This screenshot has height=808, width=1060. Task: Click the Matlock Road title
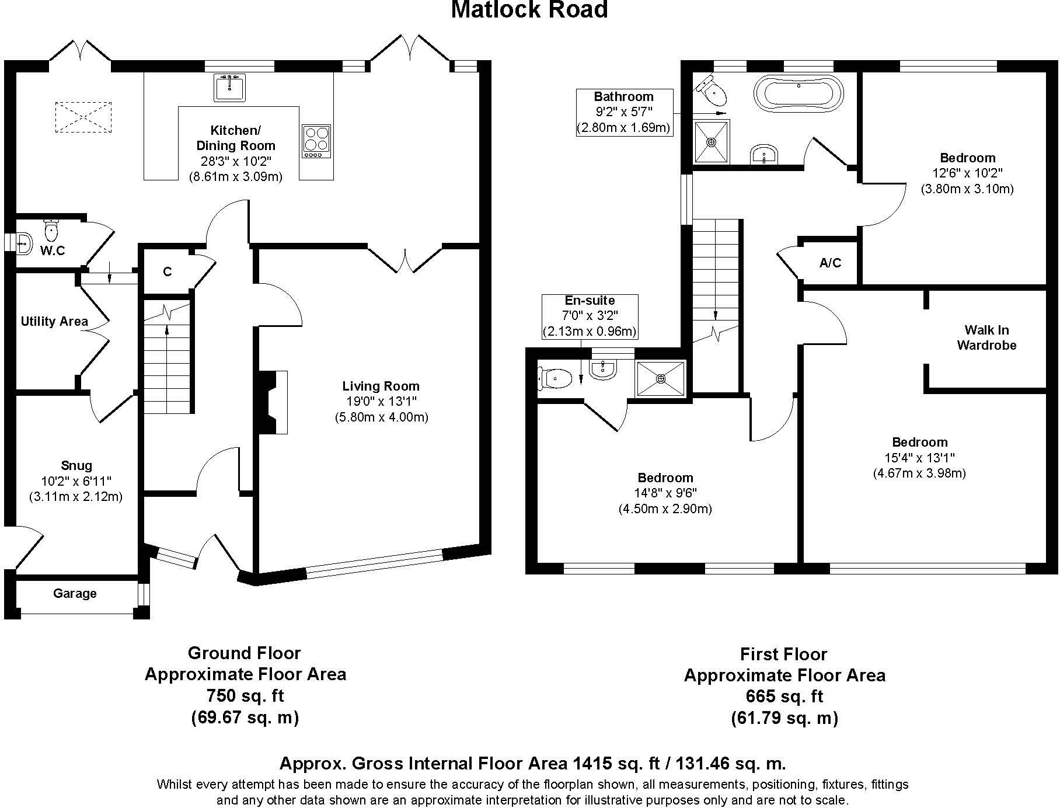[529, 10]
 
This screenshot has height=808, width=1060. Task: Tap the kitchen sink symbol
[230, 88]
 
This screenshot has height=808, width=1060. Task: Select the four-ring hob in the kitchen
[316, 141]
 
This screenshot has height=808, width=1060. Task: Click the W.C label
[53, 250]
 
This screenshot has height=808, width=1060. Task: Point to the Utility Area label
[54, 321]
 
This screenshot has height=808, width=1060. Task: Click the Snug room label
[76, 465]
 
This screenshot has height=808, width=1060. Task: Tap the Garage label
[75, 594]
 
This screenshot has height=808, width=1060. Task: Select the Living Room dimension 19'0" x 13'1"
[381, 402]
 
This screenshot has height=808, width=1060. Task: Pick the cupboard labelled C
[168, 272]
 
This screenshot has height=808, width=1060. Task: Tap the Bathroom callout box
[624, 113]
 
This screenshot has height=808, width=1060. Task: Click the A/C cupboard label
[830, 263]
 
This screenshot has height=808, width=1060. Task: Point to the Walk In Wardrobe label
[986, 337]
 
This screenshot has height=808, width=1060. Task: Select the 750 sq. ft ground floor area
[245, 695]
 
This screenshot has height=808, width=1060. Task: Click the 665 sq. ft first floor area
[784, 696]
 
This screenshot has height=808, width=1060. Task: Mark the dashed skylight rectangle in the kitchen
[83, 117]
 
